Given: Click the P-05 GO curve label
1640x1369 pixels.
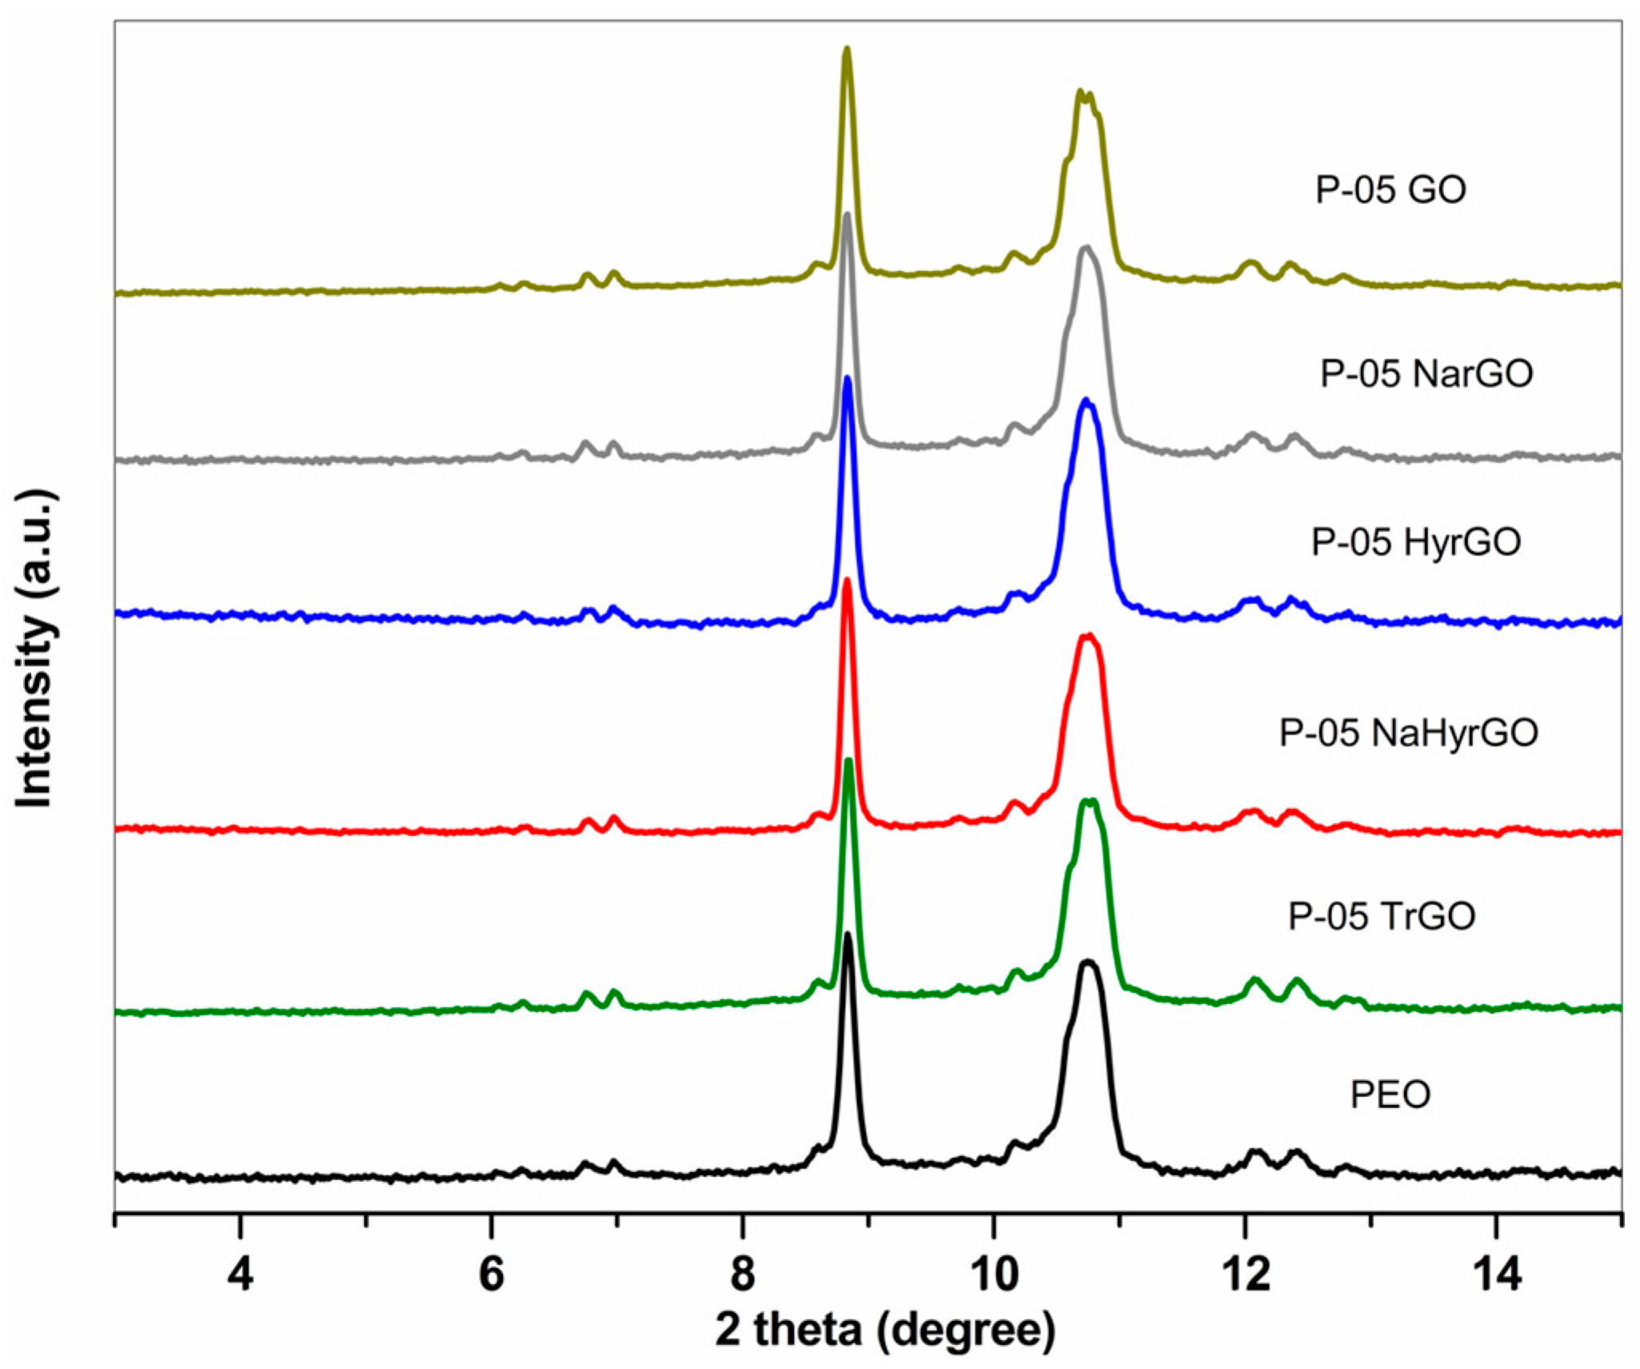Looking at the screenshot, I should click(x=1391, y=190).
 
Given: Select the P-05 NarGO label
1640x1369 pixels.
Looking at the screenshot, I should click(x=1427, y=374).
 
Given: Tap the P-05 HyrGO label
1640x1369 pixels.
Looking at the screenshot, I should click(x=1415, y=542).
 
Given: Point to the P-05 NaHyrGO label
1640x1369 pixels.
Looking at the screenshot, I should click(x=1409, y=733).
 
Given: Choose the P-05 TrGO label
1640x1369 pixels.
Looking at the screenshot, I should click(x=1382, y=916).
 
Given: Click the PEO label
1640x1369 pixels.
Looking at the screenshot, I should click(x=1391, y=1095).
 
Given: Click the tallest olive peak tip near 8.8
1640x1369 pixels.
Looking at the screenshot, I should click(x=848, y=50).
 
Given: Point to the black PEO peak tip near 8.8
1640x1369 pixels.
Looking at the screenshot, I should click(x=848, y=934).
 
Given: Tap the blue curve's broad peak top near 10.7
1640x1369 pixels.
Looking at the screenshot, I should click(x=1086, y=399).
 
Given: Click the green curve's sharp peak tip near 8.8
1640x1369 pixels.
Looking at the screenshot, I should click(x=848, y=759).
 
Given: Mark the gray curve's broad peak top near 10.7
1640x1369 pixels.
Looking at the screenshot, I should click(x=1085, y=248).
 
